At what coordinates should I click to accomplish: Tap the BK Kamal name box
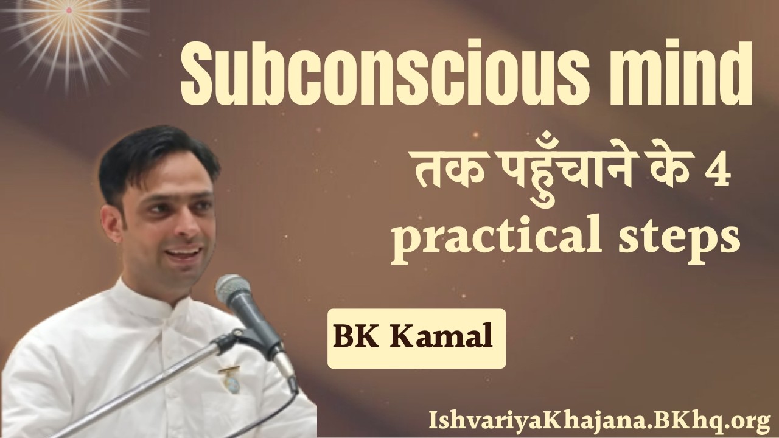(416, 338)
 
